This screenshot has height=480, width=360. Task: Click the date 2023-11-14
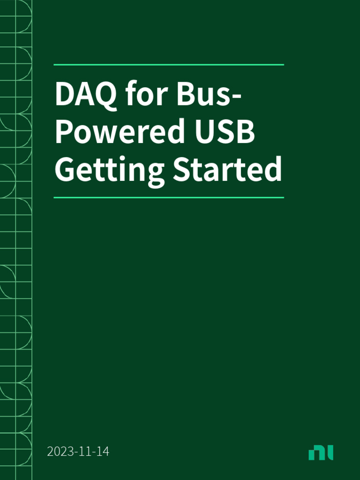[x=78, y=452]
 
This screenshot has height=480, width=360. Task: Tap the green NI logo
[x=321, y=453]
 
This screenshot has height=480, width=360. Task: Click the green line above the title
[x=169, y=65]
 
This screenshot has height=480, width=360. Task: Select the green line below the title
[x=169, y=198]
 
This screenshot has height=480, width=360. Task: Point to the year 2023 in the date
[x=58, y=452]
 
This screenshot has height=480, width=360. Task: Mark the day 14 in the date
[x=104, y=452]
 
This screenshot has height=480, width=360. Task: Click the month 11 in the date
[x=84, y=452]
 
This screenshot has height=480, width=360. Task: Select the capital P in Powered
[x=64, y=132]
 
